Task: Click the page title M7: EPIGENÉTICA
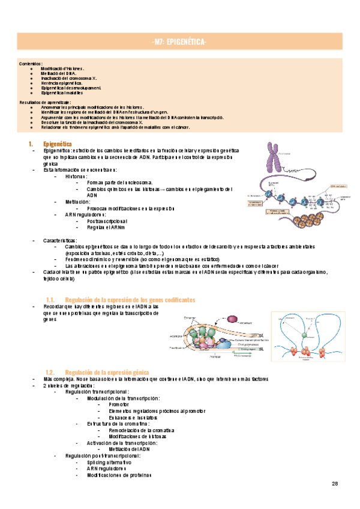(x=180, y=42)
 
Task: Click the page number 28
(x=335, y=484)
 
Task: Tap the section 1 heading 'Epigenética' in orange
(x=58, y=144)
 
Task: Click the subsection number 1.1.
(x=50, y=300)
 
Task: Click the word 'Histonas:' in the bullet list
(x=76, y=176)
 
